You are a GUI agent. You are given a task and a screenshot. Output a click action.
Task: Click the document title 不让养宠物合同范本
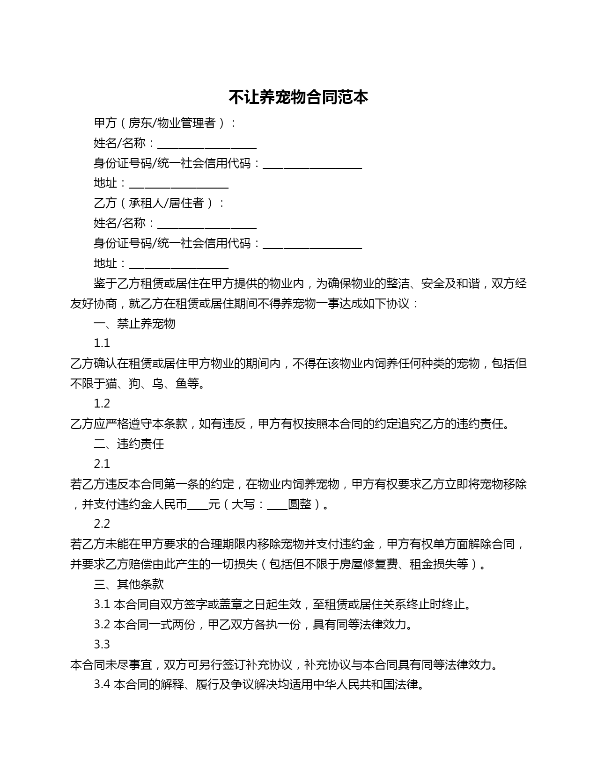pos(298,97)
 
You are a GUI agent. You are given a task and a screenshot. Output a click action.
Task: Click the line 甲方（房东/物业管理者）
pos(165,123)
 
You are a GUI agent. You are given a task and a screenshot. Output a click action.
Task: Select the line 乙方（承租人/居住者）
pos(159,203)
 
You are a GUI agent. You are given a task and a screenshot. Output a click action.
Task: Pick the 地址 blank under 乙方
pos(178,264)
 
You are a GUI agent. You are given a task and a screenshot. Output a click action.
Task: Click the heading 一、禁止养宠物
pos(134,323)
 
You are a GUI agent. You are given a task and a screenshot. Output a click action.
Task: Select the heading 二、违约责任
pos(129,444)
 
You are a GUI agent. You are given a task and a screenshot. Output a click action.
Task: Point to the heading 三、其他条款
pos(129,584)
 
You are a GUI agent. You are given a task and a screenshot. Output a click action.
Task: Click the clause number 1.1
pos(102,343)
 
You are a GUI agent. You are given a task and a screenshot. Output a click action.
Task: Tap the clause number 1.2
pos(102,403)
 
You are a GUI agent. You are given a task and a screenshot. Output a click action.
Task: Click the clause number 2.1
pos(102,464)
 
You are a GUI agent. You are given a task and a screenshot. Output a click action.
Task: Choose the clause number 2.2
pos(102,524)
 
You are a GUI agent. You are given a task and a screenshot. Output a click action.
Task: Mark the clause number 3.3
pos(102,644)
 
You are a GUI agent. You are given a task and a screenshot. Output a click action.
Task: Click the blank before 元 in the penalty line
pos(198,505)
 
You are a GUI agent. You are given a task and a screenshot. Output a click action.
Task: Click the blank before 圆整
pos(277,505)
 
